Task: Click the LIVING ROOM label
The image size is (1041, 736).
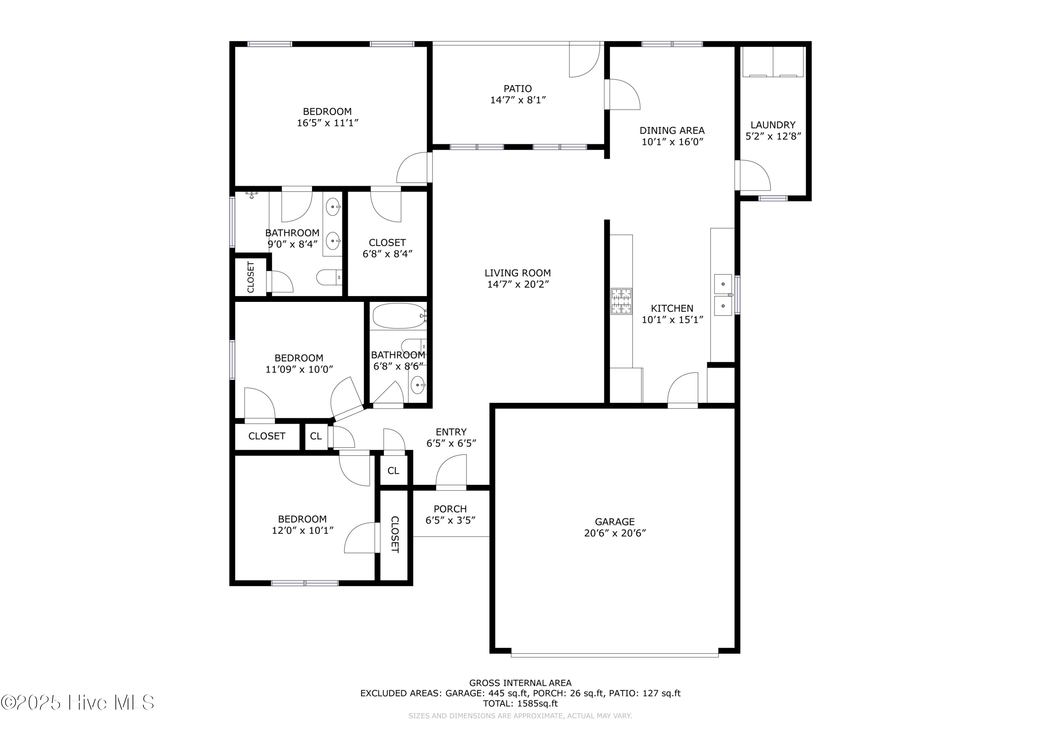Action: [x=517, y=273]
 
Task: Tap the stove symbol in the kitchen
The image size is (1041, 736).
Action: [x=621, y=302]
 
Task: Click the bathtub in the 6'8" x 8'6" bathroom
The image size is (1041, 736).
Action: [x=399, y=316]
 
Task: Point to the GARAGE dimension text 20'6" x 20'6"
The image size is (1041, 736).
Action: [x=615, y=533]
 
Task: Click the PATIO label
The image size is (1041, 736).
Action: [x=517, y=88]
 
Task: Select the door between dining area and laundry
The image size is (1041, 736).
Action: [x=753, y=176]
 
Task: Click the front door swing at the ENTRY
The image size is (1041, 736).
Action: [x=451, y=472]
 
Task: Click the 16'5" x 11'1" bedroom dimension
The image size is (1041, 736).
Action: [x=327, y=123]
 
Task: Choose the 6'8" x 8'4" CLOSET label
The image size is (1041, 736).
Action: [x=387, y=243]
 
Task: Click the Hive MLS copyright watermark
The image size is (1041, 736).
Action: [x=77, y=703]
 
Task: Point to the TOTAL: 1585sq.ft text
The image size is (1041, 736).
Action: [x=520, y=703]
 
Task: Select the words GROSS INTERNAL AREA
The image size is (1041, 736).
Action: [x=520, y=683]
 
